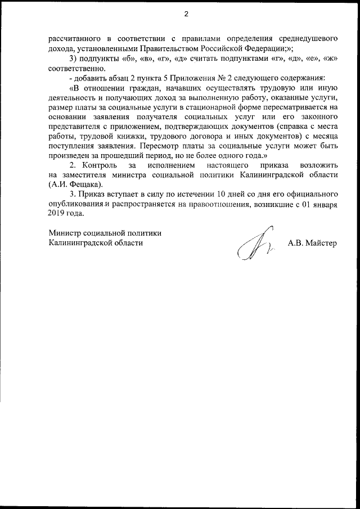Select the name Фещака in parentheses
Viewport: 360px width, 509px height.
86,184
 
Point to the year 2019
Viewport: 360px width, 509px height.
58,214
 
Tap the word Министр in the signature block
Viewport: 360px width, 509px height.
65,233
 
